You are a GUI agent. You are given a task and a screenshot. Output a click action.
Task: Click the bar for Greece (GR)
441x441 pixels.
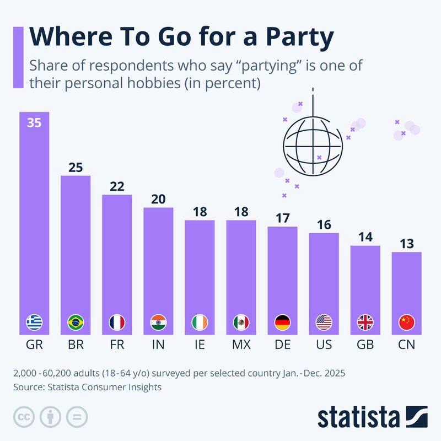34,220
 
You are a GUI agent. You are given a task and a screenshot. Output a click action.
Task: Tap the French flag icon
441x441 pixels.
117,322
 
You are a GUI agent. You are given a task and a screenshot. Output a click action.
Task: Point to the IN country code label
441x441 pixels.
158,346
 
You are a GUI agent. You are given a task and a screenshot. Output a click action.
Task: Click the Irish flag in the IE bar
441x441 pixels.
200,322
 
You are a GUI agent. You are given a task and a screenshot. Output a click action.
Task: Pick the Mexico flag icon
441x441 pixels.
241,322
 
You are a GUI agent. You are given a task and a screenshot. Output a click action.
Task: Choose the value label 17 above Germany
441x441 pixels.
282,218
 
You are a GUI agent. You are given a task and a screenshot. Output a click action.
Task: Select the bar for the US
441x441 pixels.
324,284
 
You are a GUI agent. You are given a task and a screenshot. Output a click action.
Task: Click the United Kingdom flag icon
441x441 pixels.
365,322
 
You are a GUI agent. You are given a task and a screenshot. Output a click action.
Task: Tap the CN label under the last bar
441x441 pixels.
406,346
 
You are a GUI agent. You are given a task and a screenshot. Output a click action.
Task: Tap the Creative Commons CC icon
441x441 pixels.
23,416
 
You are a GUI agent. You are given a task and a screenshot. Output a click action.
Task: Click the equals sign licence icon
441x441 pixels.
77,416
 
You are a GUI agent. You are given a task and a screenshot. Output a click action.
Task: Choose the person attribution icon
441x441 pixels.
50,416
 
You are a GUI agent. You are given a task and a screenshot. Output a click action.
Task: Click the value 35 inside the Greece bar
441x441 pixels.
34,123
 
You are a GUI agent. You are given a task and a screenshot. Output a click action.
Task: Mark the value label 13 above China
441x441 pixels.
406,244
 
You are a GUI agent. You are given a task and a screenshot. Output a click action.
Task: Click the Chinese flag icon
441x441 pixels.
406,322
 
